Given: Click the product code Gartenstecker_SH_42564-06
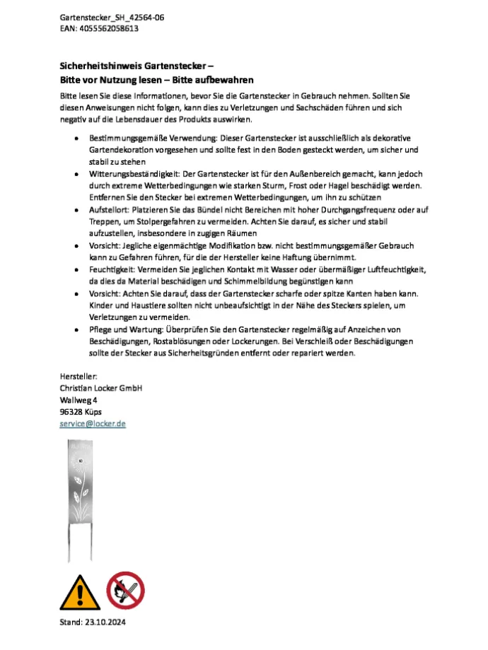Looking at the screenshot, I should click(108, 16).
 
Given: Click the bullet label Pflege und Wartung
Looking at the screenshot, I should click(122, 329).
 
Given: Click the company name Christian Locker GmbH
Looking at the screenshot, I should click(101, 389).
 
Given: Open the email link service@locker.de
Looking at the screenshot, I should click(93, 424).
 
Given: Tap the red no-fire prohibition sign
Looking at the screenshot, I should click(125, 591).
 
